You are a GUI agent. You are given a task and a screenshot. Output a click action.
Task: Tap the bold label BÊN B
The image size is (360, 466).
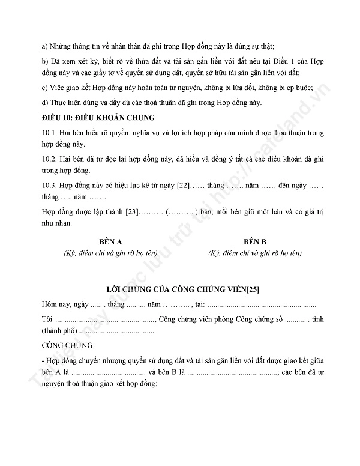click(x=254, y=241)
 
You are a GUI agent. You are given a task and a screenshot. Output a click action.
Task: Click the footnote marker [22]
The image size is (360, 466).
click(x=182, y=186)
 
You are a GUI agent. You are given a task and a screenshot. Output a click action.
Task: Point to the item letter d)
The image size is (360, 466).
click(x=45, y=102)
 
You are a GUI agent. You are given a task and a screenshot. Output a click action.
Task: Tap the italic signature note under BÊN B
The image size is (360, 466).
click(x=254, y=253)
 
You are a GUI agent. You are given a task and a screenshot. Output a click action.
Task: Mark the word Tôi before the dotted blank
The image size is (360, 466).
click(x=47, y=318)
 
